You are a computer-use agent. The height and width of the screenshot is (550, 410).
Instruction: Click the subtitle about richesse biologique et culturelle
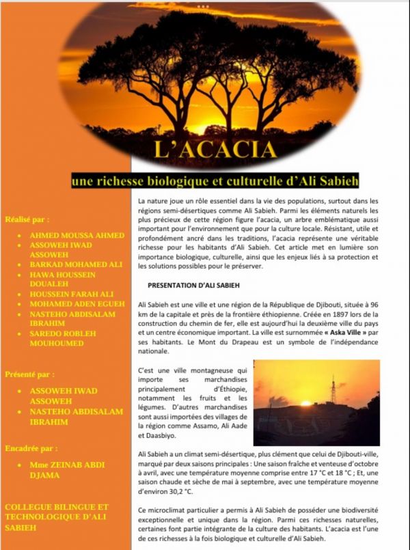(x=216, y=181)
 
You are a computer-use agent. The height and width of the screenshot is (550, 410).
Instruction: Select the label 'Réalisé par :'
(x=27, y=219)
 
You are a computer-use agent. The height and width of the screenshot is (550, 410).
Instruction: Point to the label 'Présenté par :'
(x=29, y=374)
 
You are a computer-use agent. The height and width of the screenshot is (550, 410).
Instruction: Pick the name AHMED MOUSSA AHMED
(x=77, y=235)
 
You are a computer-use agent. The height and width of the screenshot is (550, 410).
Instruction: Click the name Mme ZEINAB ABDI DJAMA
(x=67, y=469)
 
